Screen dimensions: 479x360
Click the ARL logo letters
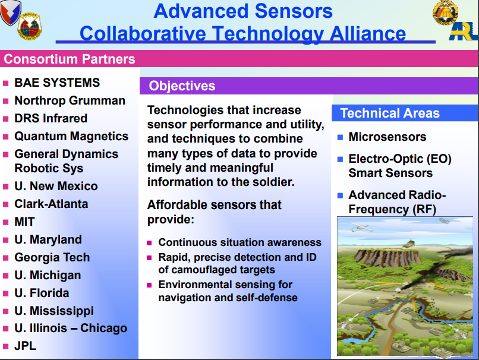464,31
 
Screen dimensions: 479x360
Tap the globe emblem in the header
30,26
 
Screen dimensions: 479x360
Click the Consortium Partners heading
70,59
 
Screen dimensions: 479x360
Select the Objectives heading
182,86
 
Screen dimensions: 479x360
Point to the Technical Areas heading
390,113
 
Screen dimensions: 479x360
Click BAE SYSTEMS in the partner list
57,83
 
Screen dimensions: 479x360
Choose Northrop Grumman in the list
70,100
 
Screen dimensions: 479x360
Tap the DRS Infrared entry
51,118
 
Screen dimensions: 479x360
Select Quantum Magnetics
71,136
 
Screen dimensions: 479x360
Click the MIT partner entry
24,222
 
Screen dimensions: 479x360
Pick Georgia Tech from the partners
52,257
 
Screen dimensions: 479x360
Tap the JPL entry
26,346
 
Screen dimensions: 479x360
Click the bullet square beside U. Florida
5,293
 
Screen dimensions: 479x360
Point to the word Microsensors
387,137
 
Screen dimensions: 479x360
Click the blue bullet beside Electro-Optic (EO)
340,159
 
